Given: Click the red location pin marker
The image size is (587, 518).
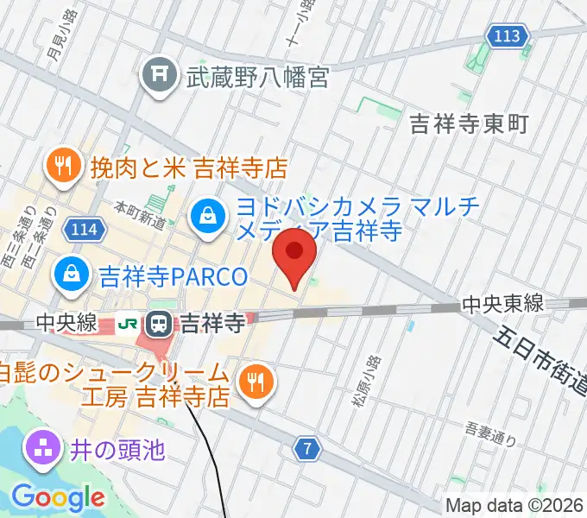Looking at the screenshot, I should click(x=294, y=255).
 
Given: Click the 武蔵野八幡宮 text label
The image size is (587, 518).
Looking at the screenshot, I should click(x=258, y=79).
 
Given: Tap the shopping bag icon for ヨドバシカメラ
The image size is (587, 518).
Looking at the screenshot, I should click(x=209, y=213).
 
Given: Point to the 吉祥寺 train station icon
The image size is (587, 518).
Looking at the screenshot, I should click(x=159, y=324).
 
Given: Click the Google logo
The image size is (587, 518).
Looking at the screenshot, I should click(x=58, y=497).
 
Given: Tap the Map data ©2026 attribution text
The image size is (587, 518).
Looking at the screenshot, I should click(x=515, y=506).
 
